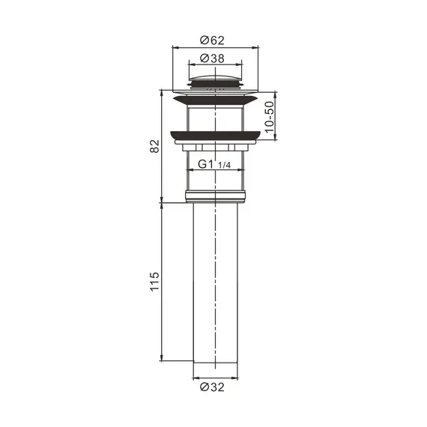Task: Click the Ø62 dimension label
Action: pyautogui.click(x=212, y=40)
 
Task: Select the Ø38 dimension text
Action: pyautogui.click(x=212, y=58)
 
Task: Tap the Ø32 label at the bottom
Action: pyautogui.click(x=212, y=387)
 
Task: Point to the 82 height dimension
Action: pyautogui.click(x=154, y=146)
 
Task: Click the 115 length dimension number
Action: pyautogui.click(x=154, y=282)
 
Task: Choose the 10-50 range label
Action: pyautogui.click(x=269, y=117)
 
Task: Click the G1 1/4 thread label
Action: pyautogui.click(x=214, y=164)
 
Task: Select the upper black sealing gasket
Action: pyautogui.click(x=215, y=100)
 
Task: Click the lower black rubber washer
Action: pyautogui.click(x=215, y=136)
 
